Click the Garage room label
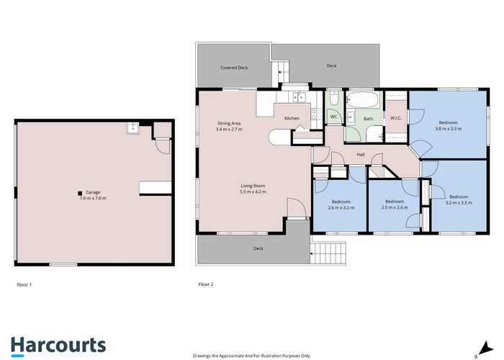click(93, 192)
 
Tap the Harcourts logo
click(58, 346)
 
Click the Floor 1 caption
click(24, 284)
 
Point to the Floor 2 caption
click(206, 284)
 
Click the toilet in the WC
click(333, 98)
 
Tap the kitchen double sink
click(299, 96)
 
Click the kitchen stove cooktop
click(317, 114)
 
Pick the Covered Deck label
click(234, 68)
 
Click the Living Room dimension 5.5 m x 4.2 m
click(253, 192)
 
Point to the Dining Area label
click(229, 123)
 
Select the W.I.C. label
click(396, 118)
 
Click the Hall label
click(360, 155)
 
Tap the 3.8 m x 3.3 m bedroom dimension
click(449, 129)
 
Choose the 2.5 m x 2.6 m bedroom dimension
click(395, 207)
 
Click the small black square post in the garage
click(80, 193)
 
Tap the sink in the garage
click(132, 127)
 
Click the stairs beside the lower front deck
click(328, 253)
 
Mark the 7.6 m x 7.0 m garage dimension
click(93, 198)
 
